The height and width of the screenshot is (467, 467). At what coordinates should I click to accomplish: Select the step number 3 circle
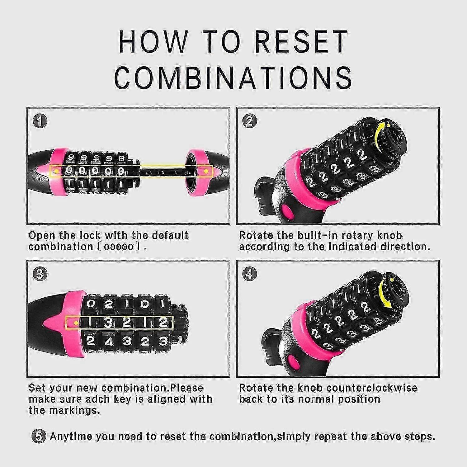pyautogui.click(x=40, y=274)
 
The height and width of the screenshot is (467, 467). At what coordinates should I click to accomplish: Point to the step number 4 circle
pyautogui.click(x=249, y=274)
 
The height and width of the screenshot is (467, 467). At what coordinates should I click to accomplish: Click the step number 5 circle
pyautogui.click(x=39, y=436)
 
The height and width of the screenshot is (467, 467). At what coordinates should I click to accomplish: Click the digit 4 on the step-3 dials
pyautogui.click(x=109, y=342)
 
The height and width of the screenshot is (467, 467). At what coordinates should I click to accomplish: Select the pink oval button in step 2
pyautogui.click(x=286, y=212)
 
